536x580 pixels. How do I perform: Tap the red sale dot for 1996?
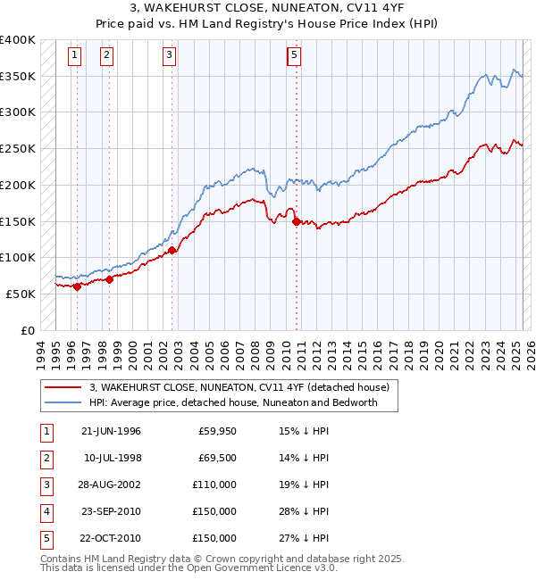pos(77,286)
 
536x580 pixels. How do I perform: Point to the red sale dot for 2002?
pos(172,251)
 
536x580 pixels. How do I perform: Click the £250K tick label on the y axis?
pos(18,148)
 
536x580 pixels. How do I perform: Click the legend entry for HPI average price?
pos(232,402)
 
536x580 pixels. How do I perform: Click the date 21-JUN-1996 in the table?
pos(111,432)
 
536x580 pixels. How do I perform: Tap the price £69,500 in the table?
pos(217,459)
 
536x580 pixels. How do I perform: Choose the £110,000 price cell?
pos(215,485)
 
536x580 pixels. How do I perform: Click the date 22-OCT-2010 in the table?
pos(111,539)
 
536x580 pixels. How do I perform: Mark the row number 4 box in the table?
pos(46,512)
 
